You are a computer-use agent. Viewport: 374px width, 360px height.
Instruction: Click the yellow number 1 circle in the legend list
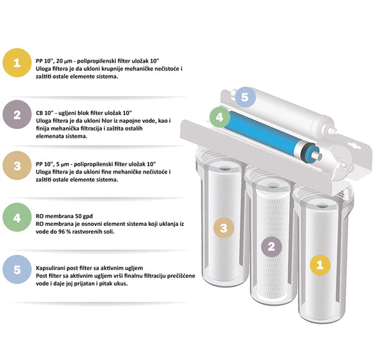17,62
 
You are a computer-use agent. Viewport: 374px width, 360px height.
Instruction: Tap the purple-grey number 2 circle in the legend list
17,114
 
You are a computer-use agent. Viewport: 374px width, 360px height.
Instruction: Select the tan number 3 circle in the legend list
17,166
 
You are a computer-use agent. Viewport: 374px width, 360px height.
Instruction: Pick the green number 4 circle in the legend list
17,218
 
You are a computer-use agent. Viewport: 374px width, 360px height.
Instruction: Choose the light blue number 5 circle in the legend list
17,269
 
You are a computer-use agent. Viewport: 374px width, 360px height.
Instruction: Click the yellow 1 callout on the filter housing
320,265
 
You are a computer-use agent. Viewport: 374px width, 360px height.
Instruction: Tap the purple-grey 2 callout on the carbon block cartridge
272,247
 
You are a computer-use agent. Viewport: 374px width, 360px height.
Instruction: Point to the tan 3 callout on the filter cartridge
224,228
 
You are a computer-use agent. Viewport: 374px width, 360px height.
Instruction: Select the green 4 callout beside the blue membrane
220,117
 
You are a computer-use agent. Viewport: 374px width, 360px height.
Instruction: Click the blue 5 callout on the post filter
246,97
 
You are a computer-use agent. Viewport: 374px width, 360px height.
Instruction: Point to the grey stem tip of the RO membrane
319,156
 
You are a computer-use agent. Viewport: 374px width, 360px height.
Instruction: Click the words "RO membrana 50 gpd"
64,216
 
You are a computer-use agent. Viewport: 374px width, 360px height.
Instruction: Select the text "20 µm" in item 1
64,61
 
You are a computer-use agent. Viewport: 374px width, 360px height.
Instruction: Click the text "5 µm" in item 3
62,164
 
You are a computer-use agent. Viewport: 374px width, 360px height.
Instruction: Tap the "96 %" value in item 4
64,232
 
